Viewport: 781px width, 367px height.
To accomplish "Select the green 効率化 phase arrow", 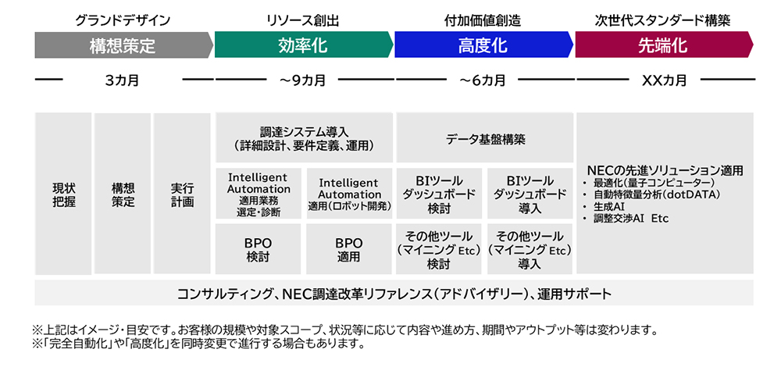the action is [303, 45].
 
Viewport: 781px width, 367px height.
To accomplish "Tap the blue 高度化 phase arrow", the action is [483, 45].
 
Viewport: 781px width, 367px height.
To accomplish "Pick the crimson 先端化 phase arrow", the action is [664, 45].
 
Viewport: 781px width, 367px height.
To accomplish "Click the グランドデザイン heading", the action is [123, 20].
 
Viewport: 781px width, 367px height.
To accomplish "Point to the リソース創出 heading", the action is [303, 20].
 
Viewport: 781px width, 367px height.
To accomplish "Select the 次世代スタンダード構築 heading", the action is [662, 20].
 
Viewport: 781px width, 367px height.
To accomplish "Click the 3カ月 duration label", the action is [122, 80].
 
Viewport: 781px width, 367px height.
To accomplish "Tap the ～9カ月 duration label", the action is [303, 80].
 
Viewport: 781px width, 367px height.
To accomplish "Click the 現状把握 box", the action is [63, 194].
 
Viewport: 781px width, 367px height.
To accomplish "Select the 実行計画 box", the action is [182, 194].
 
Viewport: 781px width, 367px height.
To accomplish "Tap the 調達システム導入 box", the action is [304, 138].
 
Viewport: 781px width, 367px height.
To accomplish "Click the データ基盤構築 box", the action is [485, 138].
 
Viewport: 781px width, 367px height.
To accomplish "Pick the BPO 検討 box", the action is [258, 249].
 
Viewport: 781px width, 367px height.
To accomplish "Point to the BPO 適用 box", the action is [349, 249].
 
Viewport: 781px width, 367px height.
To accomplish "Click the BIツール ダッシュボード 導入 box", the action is [530, 194].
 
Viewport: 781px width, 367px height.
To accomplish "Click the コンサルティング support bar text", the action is [394, 294].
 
